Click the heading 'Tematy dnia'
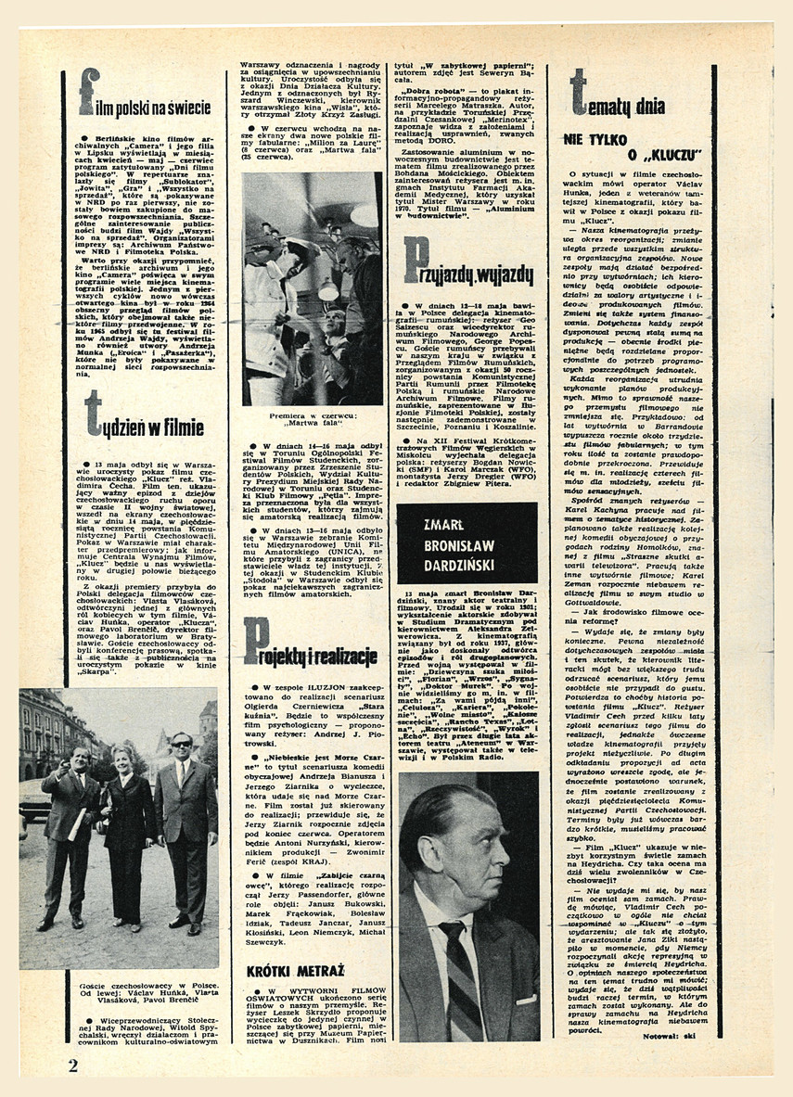click(x=617, y=98)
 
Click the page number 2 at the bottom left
click(x=72, y=1065)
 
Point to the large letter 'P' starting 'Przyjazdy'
click(x=416, y=260)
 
